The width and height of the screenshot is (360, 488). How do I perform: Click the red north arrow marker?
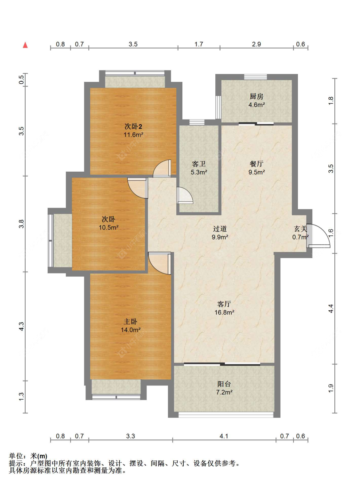click(x=25, y=45)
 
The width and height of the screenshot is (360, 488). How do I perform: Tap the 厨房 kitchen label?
click(x=256, y=96)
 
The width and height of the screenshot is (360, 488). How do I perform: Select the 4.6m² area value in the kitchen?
click(x=256, y=105)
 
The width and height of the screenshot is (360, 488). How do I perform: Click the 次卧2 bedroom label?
click(x=133, y=126)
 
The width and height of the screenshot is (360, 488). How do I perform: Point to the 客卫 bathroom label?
click(x=199, y=164)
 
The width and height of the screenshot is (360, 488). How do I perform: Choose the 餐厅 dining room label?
click(x=256, y=164)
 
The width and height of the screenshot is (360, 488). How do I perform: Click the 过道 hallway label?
click(x=220, y=229)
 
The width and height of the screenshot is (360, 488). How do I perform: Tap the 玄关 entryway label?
click(x=300, y=229)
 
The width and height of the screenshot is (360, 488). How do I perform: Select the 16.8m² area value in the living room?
click(x=224, y=312)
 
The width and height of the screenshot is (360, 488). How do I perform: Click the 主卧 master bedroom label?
click(x=131, y=321)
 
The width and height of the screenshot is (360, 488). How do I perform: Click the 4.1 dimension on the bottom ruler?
click(x=224, y=436)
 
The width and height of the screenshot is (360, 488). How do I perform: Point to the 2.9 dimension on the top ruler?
click(x=256, y=44)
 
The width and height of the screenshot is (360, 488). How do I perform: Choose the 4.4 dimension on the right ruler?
click(x=331, y=308)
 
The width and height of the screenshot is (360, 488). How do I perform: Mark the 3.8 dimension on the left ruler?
click(x=21, y=224)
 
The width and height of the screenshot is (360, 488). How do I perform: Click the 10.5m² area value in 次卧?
click(x=108, y=227)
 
